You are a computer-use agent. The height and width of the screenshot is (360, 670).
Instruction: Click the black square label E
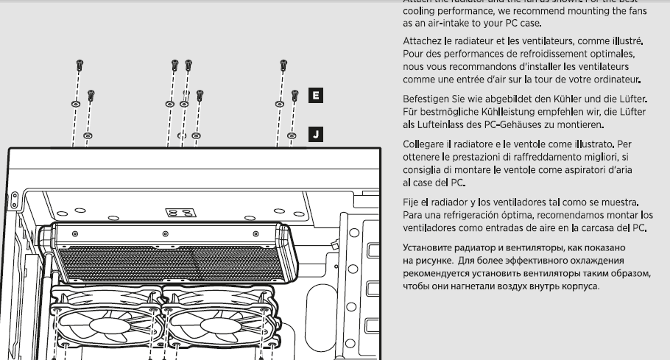(x=315, y=95)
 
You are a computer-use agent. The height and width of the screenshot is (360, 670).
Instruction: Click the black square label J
(x=315, y=134)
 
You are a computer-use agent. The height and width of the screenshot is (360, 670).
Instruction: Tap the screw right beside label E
(x=295, y=96)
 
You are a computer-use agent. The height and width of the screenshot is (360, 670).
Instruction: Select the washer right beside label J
(x=292, y=135)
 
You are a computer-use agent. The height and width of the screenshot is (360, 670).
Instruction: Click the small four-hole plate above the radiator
(x=181, y=212)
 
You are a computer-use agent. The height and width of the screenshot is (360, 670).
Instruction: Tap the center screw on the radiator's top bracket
(x=176, y=234)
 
